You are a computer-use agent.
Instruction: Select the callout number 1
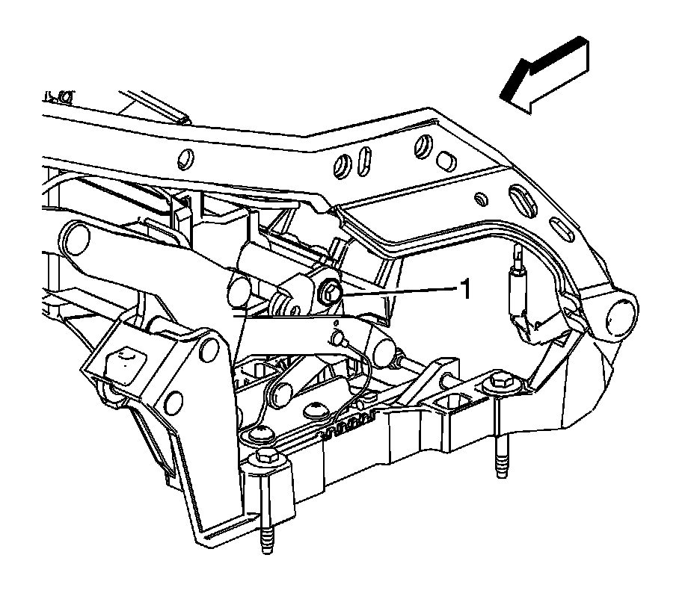(464, 289)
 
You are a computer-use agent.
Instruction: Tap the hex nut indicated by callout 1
(330, 294)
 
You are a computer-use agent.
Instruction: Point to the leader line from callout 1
(396, 292)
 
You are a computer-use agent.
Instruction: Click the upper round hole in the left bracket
(212, 347)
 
